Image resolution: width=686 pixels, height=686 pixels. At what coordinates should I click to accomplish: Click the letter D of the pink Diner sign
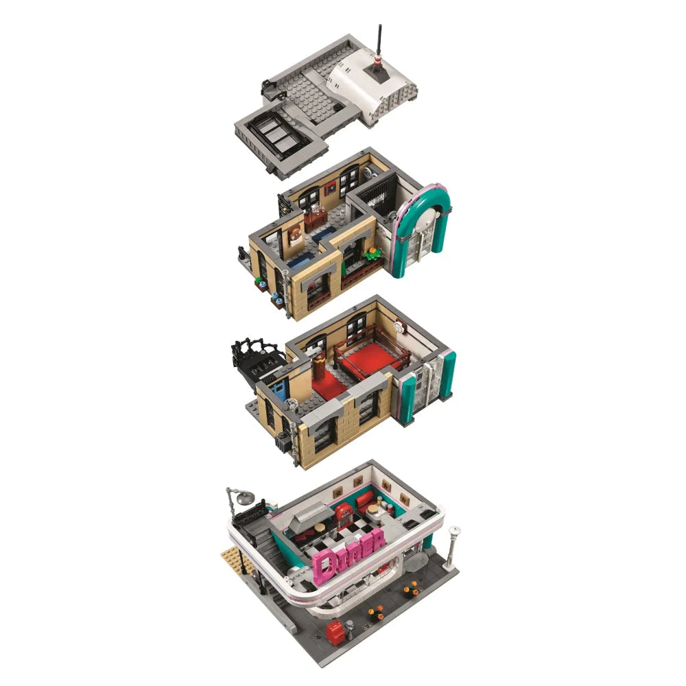[324, 567]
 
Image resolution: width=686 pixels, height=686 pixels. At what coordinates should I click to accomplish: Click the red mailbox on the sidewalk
[335, 632]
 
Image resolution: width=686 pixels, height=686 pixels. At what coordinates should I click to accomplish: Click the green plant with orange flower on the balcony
[372, 253]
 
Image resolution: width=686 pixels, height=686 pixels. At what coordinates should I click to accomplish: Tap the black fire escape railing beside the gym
[258, 349]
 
